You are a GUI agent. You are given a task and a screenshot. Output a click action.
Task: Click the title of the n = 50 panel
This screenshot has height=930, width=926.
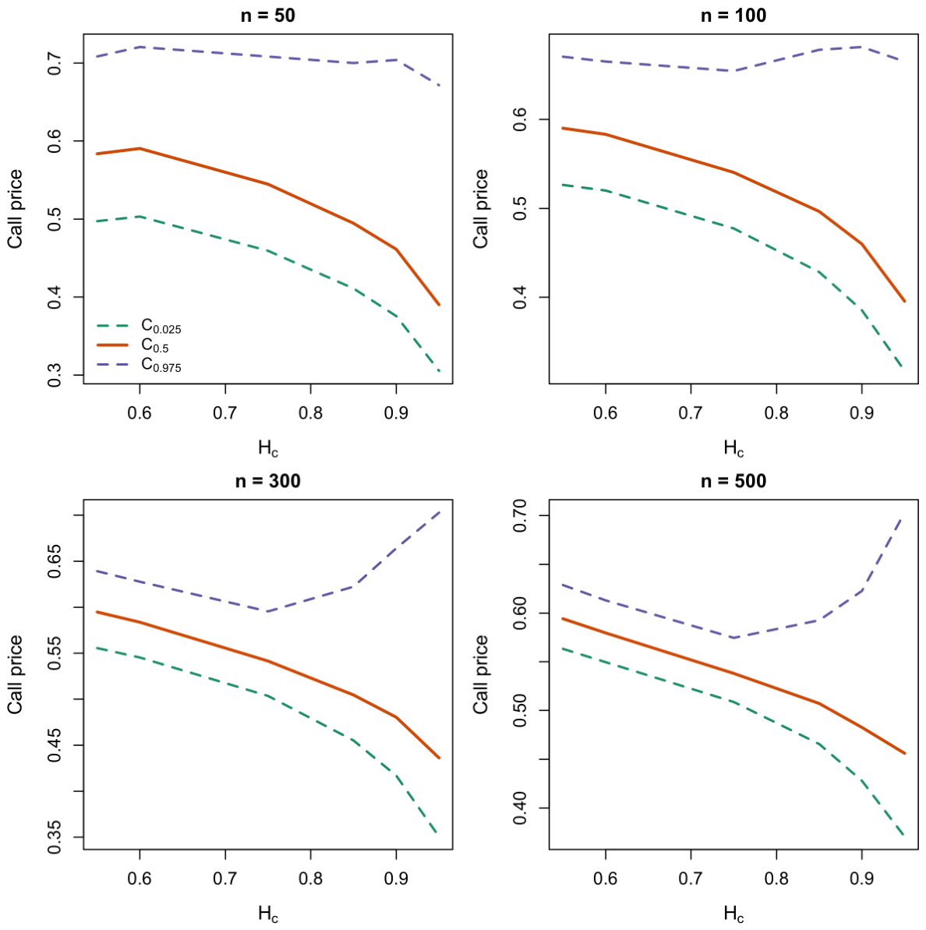pos(267,16)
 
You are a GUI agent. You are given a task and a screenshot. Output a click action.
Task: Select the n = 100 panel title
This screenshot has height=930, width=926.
pos(733,16)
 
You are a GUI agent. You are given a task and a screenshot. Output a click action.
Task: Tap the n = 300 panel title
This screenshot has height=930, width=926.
pos(267,481)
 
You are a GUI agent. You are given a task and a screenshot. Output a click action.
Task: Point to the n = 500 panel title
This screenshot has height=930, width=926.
pos(733,481)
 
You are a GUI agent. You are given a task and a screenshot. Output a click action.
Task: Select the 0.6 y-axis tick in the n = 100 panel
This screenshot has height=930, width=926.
pos(520,119)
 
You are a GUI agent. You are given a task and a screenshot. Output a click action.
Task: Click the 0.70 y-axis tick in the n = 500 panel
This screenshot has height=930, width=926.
pos(520,515)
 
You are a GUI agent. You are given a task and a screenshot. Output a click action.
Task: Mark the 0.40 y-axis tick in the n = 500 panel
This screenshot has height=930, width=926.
pos(520,808)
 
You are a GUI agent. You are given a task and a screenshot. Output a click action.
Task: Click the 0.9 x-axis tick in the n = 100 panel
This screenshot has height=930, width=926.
pos(861,413)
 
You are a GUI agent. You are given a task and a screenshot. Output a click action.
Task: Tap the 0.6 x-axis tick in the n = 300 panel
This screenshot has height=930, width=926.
pos(140,879)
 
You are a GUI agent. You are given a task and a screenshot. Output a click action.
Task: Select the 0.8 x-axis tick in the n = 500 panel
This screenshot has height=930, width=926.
pos(776,879)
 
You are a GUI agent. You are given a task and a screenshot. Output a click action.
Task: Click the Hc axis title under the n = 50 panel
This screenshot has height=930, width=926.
pos(268,448)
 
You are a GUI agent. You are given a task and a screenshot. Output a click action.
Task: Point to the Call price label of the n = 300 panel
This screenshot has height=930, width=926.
pos(15,674)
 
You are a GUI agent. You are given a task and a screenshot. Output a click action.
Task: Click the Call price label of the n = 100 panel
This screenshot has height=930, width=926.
pos(480,209)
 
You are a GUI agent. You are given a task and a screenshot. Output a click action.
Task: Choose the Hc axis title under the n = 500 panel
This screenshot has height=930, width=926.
pos(733,914)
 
